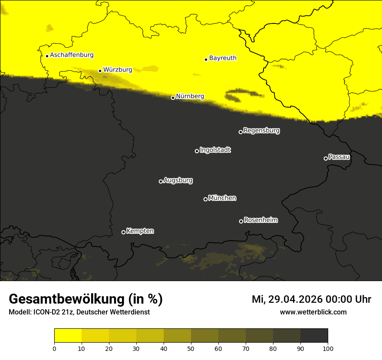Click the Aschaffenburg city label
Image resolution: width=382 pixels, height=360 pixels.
click(x=72, y=55)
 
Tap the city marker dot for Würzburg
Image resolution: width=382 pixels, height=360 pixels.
click(x=100, y=71)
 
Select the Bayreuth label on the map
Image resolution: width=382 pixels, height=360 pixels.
click(x=223, y=58)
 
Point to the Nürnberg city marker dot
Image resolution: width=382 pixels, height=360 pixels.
click(x=173, y=98)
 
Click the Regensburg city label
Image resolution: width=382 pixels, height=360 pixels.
click(x=261, y=130)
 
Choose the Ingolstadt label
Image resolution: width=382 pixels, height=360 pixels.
click(x=215, y=150)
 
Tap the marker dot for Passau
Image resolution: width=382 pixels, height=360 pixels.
click(x=326, y=158)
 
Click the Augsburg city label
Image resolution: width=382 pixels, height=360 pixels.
click(x=178, y=180)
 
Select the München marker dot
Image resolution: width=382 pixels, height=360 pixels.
click(x=205, y=199)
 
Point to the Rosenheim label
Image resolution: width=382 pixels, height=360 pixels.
click(x=260, y=220)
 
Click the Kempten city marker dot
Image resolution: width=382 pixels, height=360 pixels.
click(x=123, y=232)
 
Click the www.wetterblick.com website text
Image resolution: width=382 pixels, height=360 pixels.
click(x=313, y=312)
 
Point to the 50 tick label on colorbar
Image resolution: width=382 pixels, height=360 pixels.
click(x=191, y=348)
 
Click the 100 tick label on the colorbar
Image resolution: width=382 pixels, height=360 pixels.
click(x=327, y=348)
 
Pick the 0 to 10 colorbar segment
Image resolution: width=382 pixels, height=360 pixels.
click(x=68, y=336)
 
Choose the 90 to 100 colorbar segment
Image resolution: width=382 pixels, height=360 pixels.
click(x=314, y=336)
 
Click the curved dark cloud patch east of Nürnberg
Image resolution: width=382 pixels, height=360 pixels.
click(x=243, y=94)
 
